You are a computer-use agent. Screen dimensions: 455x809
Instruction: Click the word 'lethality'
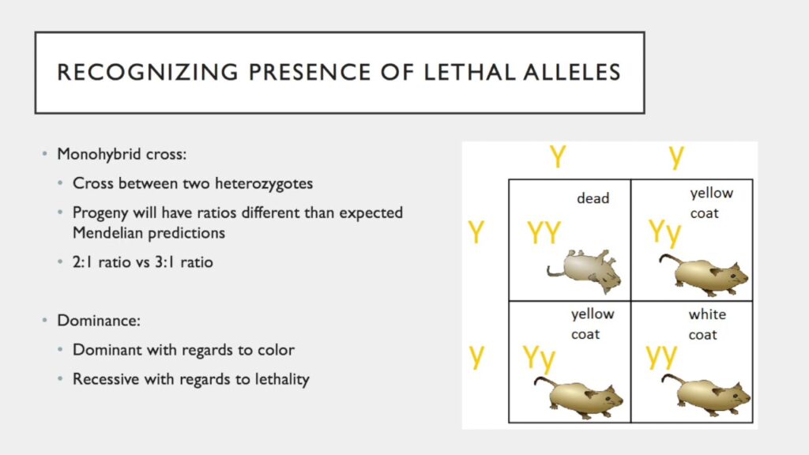click(x=278, y=379)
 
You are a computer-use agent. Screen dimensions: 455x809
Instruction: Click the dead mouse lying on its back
click(x=584, y=269)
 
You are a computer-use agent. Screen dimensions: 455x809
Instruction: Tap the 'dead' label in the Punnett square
click(x=593, y=198)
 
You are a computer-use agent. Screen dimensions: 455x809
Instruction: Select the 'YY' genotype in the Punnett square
click(x=544, y=234)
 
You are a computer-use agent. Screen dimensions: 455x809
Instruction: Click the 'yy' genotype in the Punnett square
click(x=662, y=356)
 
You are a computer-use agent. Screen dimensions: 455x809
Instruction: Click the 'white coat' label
click(x=707, y=325)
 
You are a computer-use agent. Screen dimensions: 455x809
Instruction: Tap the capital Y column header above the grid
click(x=558, y=156)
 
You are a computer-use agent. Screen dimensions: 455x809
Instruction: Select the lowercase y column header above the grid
click(x=676, y=156)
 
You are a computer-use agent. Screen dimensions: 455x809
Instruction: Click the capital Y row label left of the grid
click(x=476, y=232)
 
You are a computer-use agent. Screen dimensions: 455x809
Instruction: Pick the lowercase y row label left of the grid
click(x=476, y=355)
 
